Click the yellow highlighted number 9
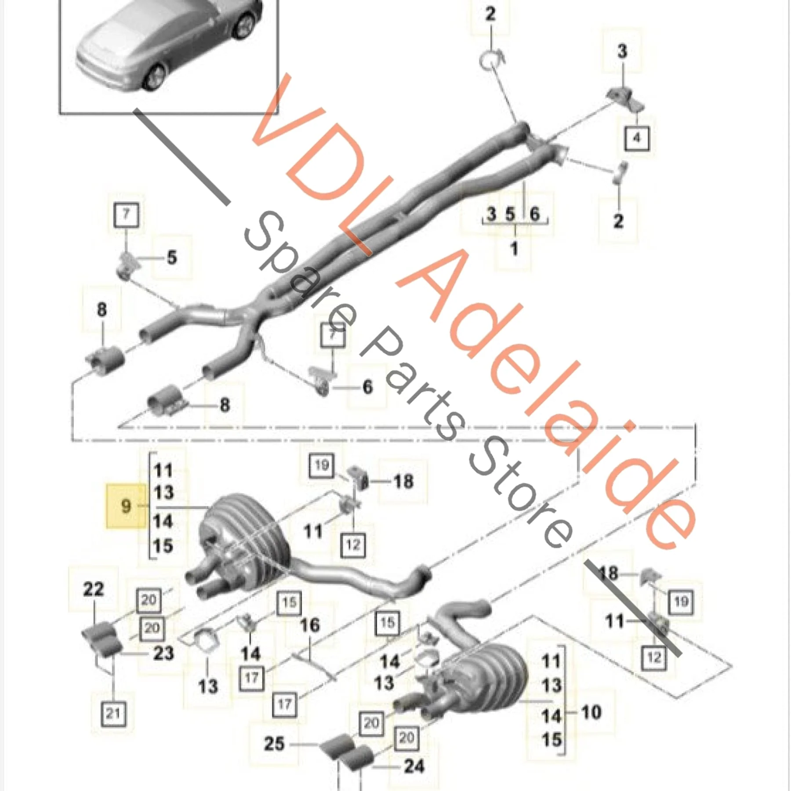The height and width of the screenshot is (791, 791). point(126,506)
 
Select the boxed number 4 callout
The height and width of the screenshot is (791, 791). point(637,138)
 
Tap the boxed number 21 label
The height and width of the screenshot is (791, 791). point(113,726)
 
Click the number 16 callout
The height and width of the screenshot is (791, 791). point(309,625)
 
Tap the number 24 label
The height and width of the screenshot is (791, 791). point(414,766)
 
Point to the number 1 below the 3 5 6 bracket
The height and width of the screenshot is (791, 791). point(514,249)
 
